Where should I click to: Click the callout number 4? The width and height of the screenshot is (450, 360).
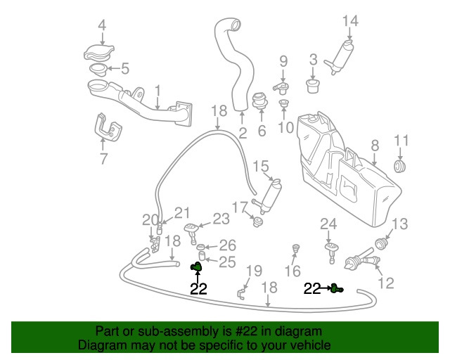(101, 26)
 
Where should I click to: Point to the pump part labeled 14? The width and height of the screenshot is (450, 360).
(342, 54)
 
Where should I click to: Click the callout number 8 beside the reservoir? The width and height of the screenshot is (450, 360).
(375, 146)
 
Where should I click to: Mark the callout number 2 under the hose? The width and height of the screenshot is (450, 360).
(242, 133)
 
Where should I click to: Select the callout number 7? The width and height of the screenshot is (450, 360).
(103, 159)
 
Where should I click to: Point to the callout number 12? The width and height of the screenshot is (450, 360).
(386, 284)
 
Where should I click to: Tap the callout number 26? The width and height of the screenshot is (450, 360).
(227, 245)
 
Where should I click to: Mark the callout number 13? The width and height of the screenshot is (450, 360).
(399, 224)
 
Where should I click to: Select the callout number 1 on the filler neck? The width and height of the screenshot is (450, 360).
(157, 90)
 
